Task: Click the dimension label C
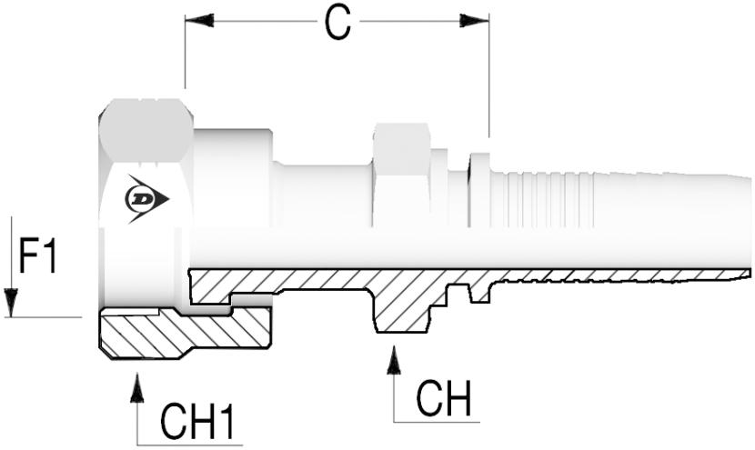(x=337, y=25)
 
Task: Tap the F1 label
(x=38, y=258)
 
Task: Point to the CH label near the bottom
(x=443, y=397)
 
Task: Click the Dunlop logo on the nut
(x=146, y=199)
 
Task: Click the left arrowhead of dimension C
(x=199, y=20)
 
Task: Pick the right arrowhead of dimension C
(x=474, y=20)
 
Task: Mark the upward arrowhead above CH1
(x=137, y=388)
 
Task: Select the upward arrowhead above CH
(x=394, y=363)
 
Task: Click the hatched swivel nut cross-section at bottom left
(x=182, y=332)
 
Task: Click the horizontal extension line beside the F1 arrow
(x=45, y=317)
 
